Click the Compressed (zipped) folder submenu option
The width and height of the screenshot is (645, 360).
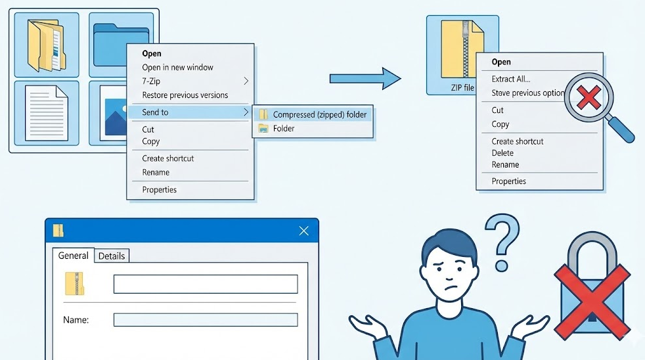pos(319,114)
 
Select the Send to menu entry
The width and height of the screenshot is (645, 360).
pos(156,112)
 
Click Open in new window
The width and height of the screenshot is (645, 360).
pos(177,67)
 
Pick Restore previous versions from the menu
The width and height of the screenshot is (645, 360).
pos(185,95)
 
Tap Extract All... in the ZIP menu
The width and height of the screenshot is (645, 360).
pos(511,79)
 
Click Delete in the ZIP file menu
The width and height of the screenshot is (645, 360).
pos(502,153)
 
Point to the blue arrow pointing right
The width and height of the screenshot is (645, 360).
pos(365,79)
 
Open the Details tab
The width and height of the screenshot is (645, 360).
pos(112,256)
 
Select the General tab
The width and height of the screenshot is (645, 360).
pos(73,256)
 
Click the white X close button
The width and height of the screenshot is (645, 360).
pos(303,231)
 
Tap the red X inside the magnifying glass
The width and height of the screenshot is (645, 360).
pos(589,99)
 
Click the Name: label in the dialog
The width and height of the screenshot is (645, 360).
pos(76,320)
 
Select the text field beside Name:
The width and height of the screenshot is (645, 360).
pos(206,320)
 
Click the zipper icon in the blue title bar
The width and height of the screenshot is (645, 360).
pos(59,231)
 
